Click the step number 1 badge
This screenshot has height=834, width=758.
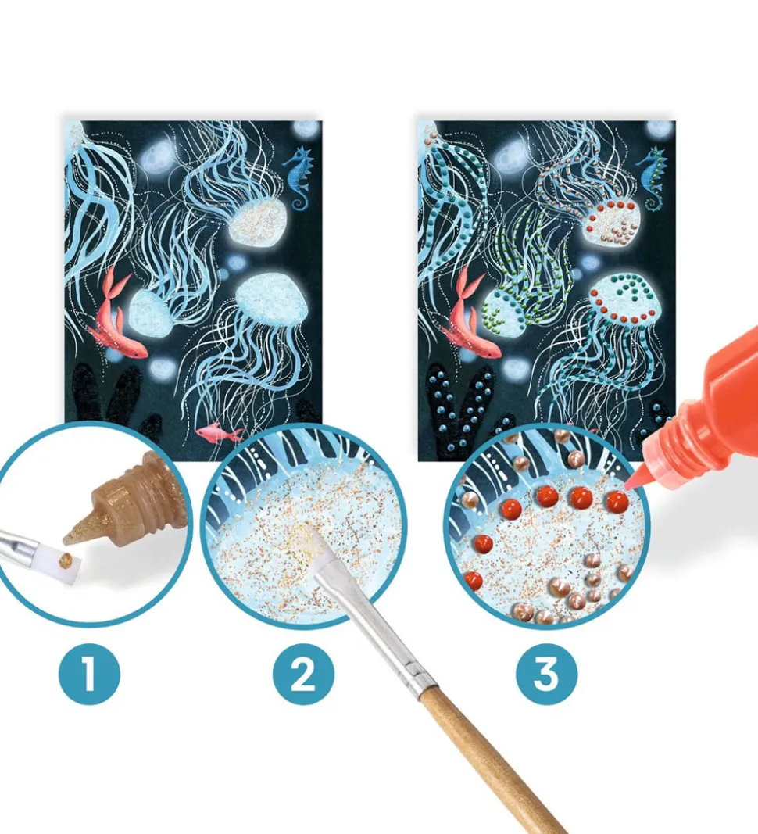89,675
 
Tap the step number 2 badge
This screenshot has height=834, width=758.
304,675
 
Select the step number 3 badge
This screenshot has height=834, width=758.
547,675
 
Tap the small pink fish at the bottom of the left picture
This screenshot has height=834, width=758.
218,432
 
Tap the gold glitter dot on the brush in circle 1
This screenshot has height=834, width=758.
67,560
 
